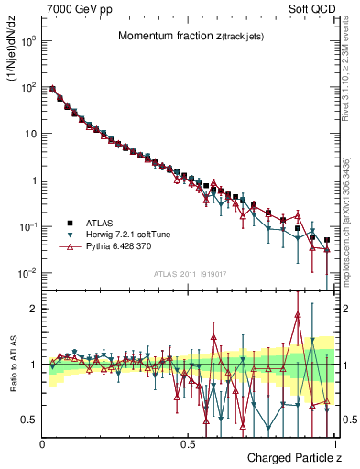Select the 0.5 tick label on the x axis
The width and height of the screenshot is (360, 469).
click(x=189, y=443)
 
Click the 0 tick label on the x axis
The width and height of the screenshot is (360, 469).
click(x=43, y=443)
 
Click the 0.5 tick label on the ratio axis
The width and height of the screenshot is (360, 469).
click(x=30, y=420)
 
